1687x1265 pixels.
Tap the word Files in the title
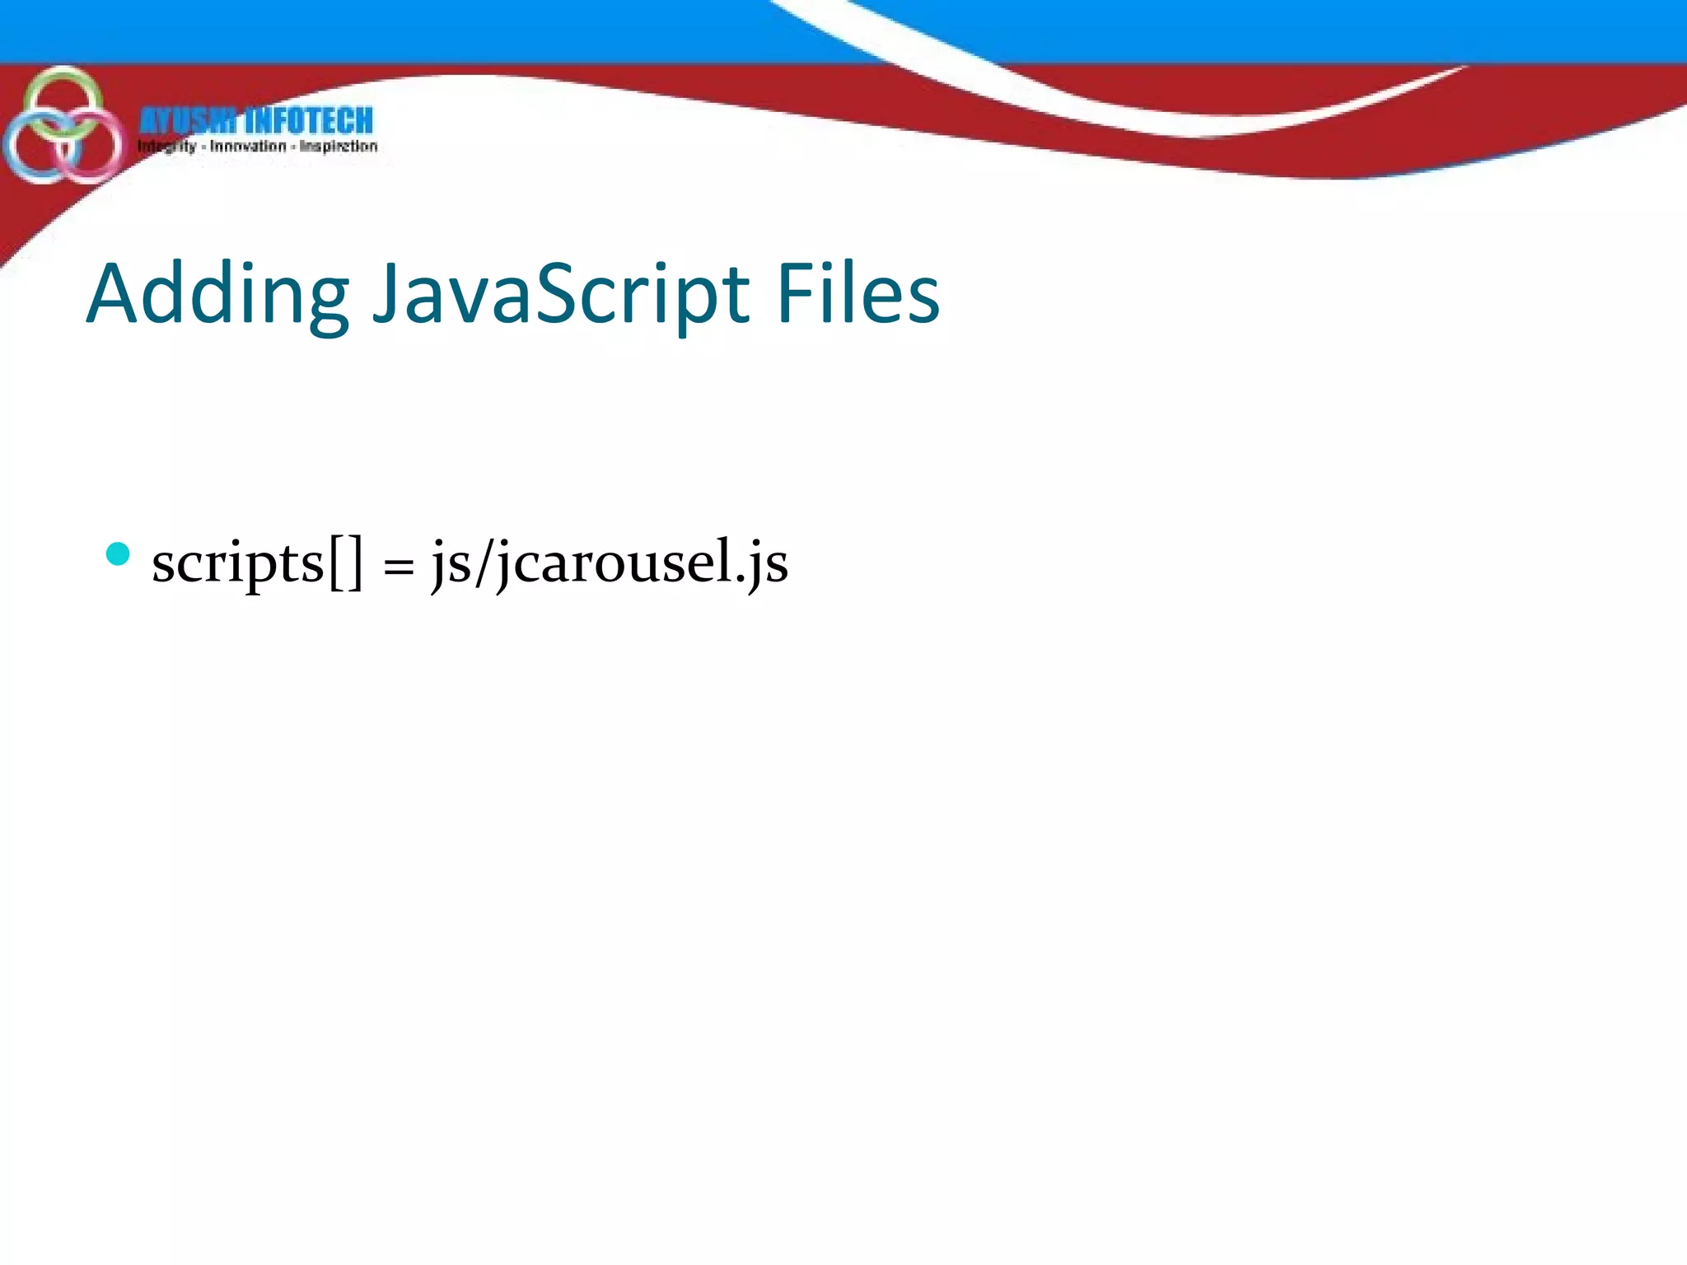[858, 293]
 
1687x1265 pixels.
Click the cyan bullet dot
[119, 554]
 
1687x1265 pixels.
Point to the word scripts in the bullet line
[238, 563]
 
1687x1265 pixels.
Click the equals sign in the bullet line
[399, 567]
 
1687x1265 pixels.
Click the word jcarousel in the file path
[615, 563]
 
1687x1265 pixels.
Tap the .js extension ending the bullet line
[763, 565]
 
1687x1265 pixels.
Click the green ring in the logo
[63, 78]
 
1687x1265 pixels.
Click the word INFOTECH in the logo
[309, 121]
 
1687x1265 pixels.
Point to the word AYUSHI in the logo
[188, 121]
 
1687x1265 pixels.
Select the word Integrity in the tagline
[167, 147]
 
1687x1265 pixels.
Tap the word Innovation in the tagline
[248, 147]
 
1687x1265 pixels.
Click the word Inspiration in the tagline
[339, 147]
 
